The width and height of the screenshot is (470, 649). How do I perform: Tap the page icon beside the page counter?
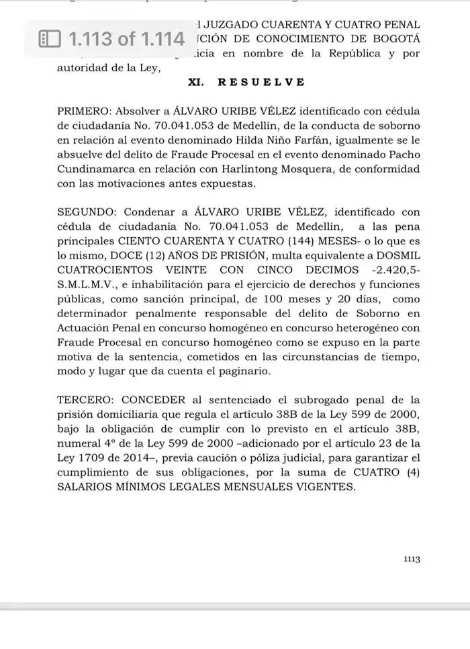pos(50,39)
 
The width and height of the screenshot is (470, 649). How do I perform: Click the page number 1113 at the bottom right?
pos(412,558)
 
